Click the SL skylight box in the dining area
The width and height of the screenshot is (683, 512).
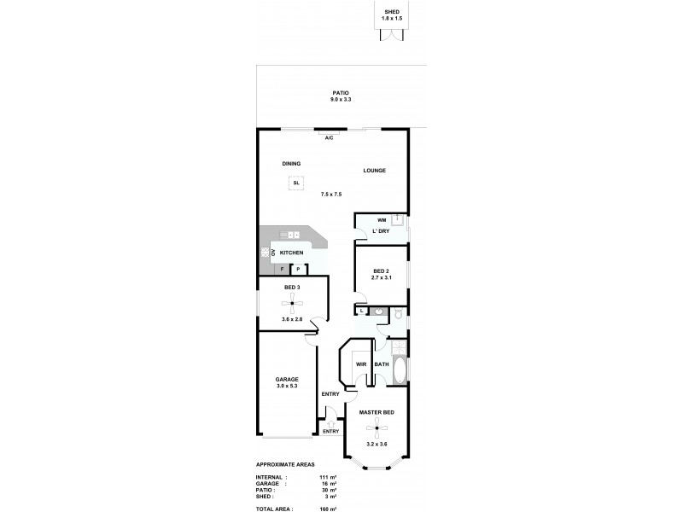click(295, 183)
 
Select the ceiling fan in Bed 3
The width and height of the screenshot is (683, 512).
click(292, 304)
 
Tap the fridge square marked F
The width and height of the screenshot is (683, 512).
click(282, 269)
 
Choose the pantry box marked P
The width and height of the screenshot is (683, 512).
click(298, 269)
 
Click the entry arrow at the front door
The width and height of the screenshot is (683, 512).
click(330, 412)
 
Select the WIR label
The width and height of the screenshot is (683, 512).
click(361, 364)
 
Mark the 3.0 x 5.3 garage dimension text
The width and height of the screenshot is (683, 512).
click(287, 387)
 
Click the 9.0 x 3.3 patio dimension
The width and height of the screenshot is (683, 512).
click(341, 100)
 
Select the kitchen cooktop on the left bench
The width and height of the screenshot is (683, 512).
click(265, 252)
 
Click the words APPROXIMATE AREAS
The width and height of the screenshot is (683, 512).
click(286, 464)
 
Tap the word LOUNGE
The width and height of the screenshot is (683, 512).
click(374, 171)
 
